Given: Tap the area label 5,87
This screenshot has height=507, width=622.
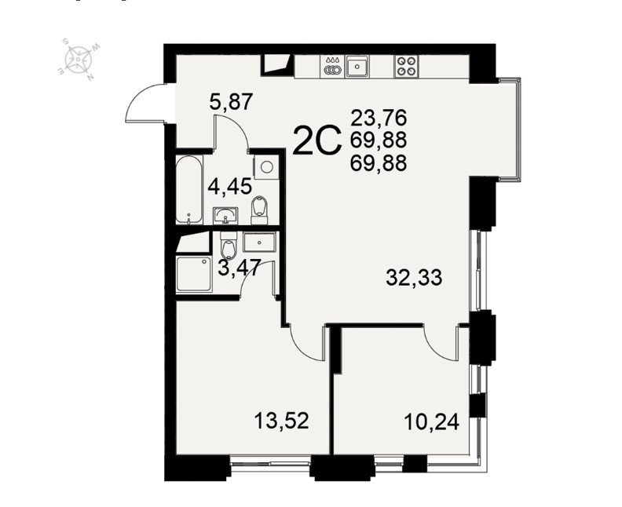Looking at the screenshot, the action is (x=231, y=101).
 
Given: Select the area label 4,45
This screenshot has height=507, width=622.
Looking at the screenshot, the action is (x=229, y=186).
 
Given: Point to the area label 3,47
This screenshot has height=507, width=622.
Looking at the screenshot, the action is (x=240, y=267).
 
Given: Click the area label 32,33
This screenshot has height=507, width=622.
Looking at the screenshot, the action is (x=414, y=278).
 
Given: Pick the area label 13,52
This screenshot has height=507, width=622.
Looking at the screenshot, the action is (x=281, y=421).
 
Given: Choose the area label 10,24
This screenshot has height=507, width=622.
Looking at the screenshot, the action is (x=432, y=421).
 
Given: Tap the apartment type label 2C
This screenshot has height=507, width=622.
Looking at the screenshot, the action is (x=316, y=140).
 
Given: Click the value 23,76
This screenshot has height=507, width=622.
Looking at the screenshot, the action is (x=379, y=118).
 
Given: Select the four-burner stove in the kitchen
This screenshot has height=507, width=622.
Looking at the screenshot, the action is (x=407, y=66).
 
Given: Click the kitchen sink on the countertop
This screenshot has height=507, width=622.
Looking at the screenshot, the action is (x=357, y=66).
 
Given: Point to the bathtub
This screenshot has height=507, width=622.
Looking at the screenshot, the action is (x=189, y=190).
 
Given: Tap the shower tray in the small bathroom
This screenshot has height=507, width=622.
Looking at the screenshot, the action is (x=194, y=275).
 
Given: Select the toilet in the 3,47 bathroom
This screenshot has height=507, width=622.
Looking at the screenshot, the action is (x=229, y=245).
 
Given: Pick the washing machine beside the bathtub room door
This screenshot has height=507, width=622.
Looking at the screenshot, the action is (x=265, y=166).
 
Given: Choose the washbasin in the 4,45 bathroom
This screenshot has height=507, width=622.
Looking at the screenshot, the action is (x=225, y=215).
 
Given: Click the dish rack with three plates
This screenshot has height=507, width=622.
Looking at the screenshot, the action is (x=332, y=66).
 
